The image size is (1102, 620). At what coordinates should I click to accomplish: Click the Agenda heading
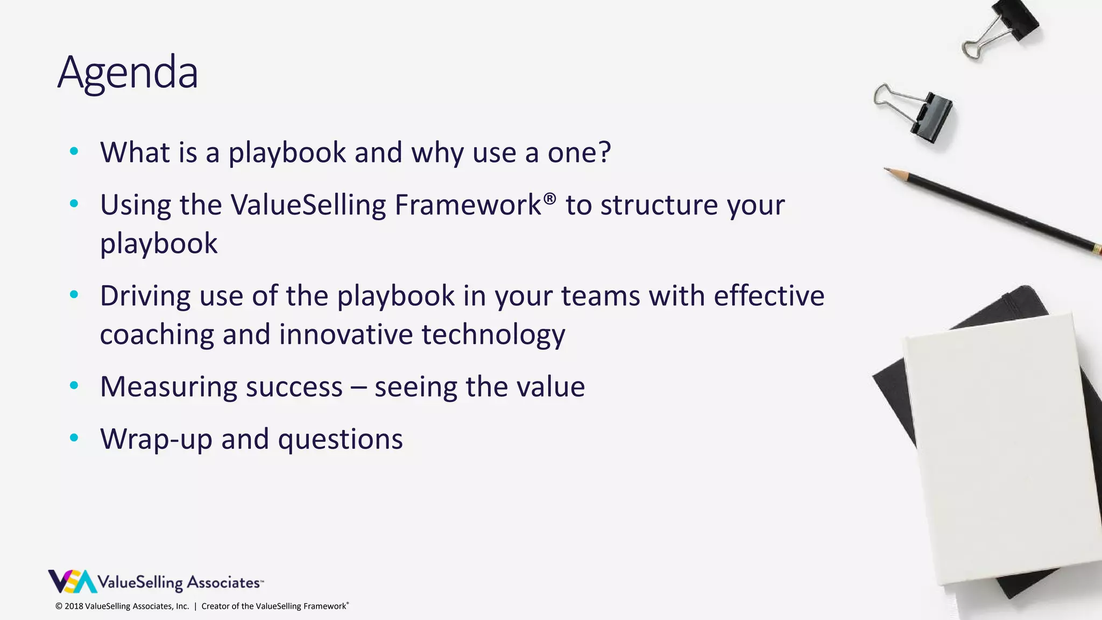pyautogui.click(x=128, y=73)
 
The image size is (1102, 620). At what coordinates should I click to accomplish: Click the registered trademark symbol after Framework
pyautogui.click(x=549, y=199)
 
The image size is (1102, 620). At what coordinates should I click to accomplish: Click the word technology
pyautogui.click(x=493, y=335)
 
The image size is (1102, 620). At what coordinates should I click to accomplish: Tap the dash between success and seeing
pyautogui.click(x=358, y=387)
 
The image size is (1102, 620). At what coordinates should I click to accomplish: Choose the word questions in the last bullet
pyautogui.click(x=340, y=439)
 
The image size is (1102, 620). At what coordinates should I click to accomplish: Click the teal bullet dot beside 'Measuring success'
pyautogui.click(x=74, y=385)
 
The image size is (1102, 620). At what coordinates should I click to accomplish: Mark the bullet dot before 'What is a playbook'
pyautogui.click(x=74, y=151)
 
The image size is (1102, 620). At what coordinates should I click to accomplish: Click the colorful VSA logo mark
pyautogui.click(x=72, y=581)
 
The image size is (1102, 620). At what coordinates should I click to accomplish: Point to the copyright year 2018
pyautogui.click(x=74, y=606)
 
